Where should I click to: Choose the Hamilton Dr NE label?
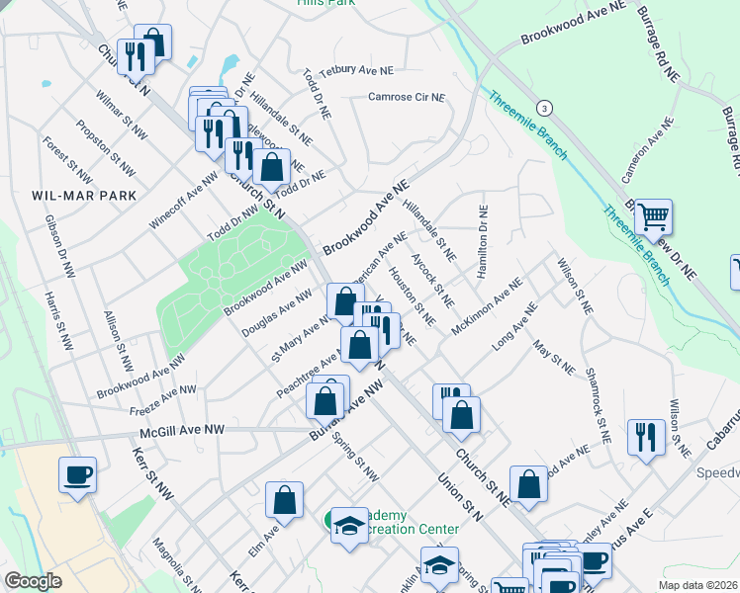point(483,241)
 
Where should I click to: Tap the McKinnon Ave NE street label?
point(486,305)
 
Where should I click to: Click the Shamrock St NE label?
point(597,404)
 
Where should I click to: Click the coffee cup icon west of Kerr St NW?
point(77,475)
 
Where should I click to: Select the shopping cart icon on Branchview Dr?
point(653,215)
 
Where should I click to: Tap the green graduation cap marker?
point(346,527)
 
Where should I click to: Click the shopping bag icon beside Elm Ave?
point(285,501)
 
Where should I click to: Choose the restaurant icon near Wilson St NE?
point(647,437)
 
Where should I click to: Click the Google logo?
point(33,580)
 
